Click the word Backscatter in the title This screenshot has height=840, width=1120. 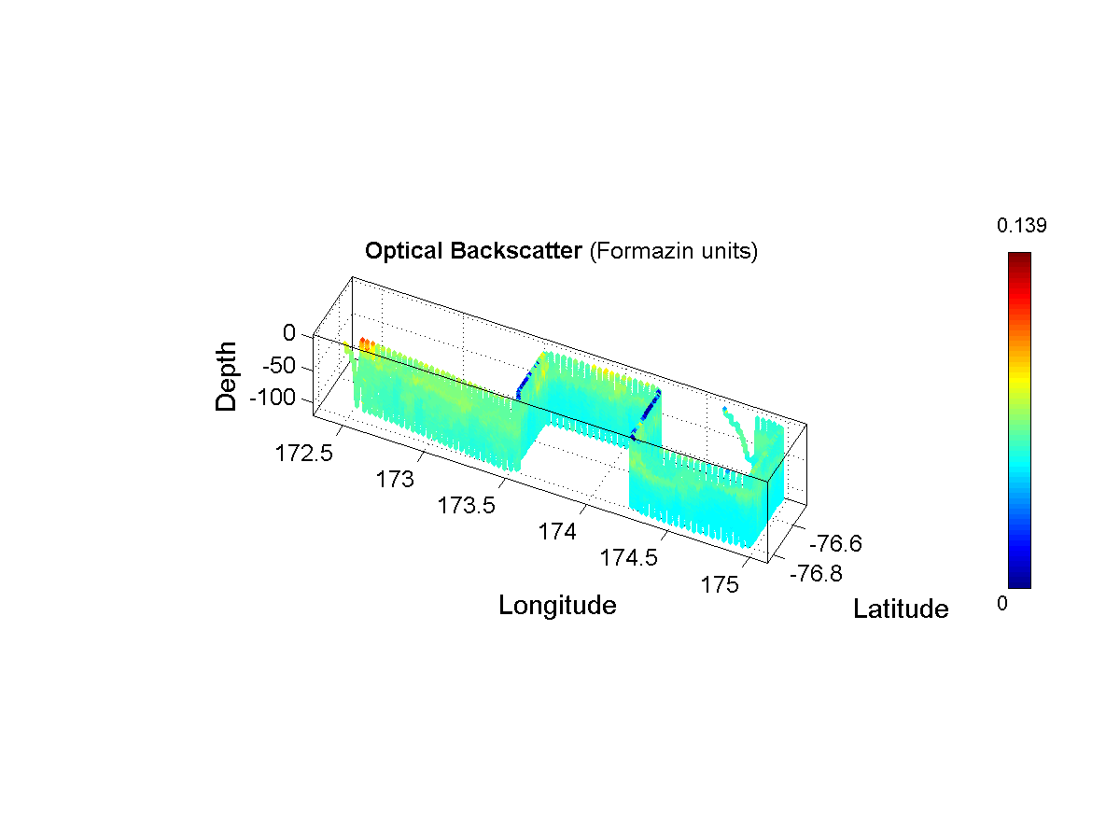(516, 251)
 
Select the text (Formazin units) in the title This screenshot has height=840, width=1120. (674, 251)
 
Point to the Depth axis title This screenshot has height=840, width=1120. (226, 376)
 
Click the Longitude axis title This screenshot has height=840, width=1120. (557, 606)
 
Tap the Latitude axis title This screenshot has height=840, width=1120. (901, 609)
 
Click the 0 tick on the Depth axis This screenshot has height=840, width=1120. (289, 333)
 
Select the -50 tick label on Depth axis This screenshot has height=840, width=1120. (278, 366)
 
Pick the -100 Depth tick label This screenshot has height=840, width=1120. (273, 398)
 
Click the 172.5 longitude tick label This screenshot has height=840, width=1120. (303, 454)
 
